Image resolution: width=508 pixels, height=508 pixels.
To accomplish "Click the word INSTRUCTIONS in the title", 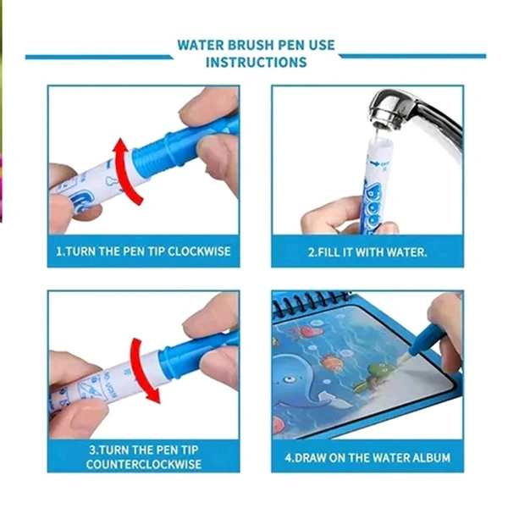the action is [257, 62].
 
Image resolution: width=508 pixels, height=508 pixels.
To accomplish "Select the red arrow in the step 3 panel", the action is [142, 370].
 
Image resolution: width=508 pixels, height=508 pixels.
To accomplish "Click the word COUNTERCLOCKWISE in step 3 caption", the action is [144, 464].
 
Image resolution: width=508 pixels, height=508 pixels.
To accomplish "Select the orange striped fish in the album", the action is [331, 363].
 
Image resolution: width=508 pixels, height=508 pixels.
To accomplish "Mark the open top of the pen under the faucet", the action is [379, 140].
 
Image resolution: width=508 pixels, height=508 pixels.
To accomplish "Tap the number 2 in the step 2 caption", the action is [311, 252].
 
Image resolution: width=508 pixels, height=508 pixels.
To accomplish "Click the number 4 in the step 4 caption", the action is [289, 458].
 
